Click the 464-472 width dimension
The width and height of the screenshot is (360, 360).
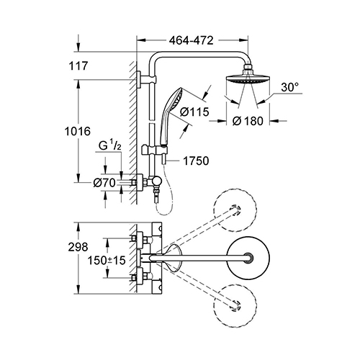191,40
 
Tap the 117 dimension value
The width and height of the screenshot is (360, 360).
78,66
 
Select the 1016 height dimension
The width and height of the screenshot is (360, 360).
78,131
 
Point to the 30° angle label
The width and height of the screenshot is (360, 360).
290,87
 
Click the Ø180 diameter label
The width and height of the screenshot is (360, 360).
248,121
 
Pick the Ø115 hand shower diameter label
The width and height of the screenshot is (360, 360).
194,112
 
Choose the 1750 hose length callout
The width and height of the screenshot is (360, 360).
196,161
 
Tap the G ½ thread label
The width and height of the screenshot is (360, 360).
110,146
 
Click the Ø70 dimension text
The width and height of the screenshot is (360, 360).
104,183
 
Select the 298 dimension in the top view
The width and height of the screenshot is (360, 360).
78,247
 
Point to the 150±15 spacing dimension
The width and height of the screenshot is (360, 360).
107,260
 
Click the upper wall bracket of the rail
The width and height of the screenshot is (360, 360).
146,79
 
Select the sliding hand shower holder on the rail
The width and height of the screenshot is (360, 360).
153,150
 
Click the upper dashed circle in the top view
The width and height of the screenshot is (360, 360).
235,212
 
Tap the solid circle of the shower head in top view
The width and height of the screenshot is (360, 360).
248,258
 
